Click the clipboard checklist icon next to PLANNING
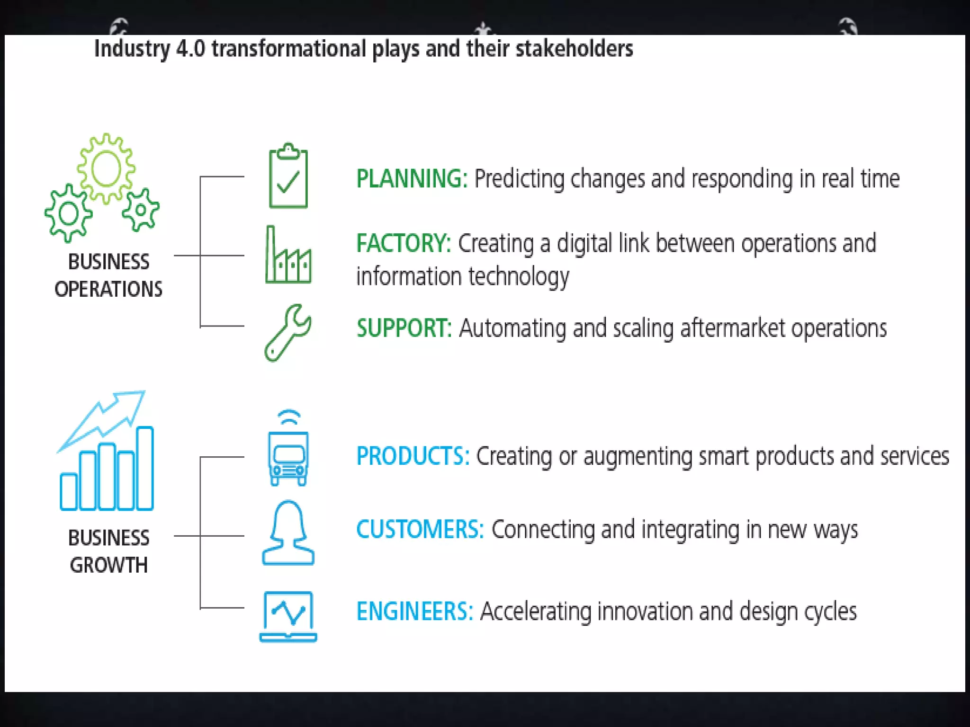(288, 177)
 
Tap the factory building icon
(288, 258)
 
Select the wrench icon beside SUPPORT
(287, 332)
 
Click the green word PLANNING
(411, 179)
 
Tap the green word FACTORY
(403, 243)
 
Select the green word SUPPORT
(404, 328)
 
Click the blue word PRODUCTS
(412, 456)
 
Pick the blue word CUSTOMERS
(420, 529)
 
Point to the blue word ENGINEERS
(414, 611)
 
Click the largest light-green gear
(106, 168)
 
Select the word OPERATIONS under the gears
(108, 289)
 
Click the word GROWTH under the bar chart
(108, 565)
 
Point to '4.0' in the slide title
(190, 49)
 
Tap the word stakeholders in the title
(574, 49)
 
